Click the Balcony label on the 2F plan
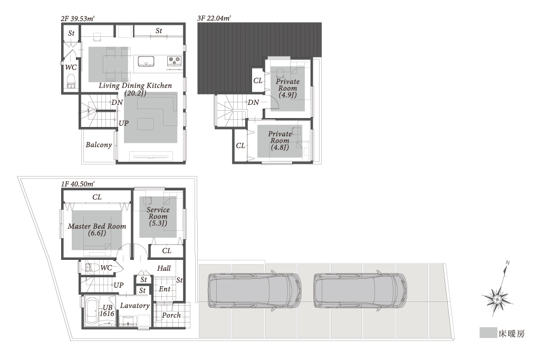(x=99, y=145)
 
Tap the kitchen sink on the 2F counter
(x=147, y=62)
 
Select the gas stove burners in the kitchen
(x=174, y=61)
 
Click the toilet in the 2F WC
(x=71, y=81)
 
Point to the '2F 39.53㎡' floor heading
(x=78, y=18)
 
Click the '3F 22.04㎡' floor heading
(x=214, y=18)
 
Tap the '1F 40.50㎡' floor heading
(x=78, y=184)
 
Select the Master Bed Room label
(x=97, y=230)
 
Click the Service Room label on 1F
(x=158, y=217)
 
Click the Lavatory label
(x=134, y=306)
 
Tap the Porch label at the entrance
(x=171, y=315)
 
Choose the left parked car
(x=255, y=290)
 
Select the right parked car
(x=360, y=290)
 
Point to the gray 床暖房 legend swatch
(x=488, y=333)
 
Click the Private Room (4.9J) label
(x=287, y=88)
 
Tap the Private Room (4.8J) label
(x=279, y=140)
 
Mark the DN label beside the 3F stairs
(x=254, y=102)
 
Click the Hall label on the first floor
(x=164, y=268)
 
